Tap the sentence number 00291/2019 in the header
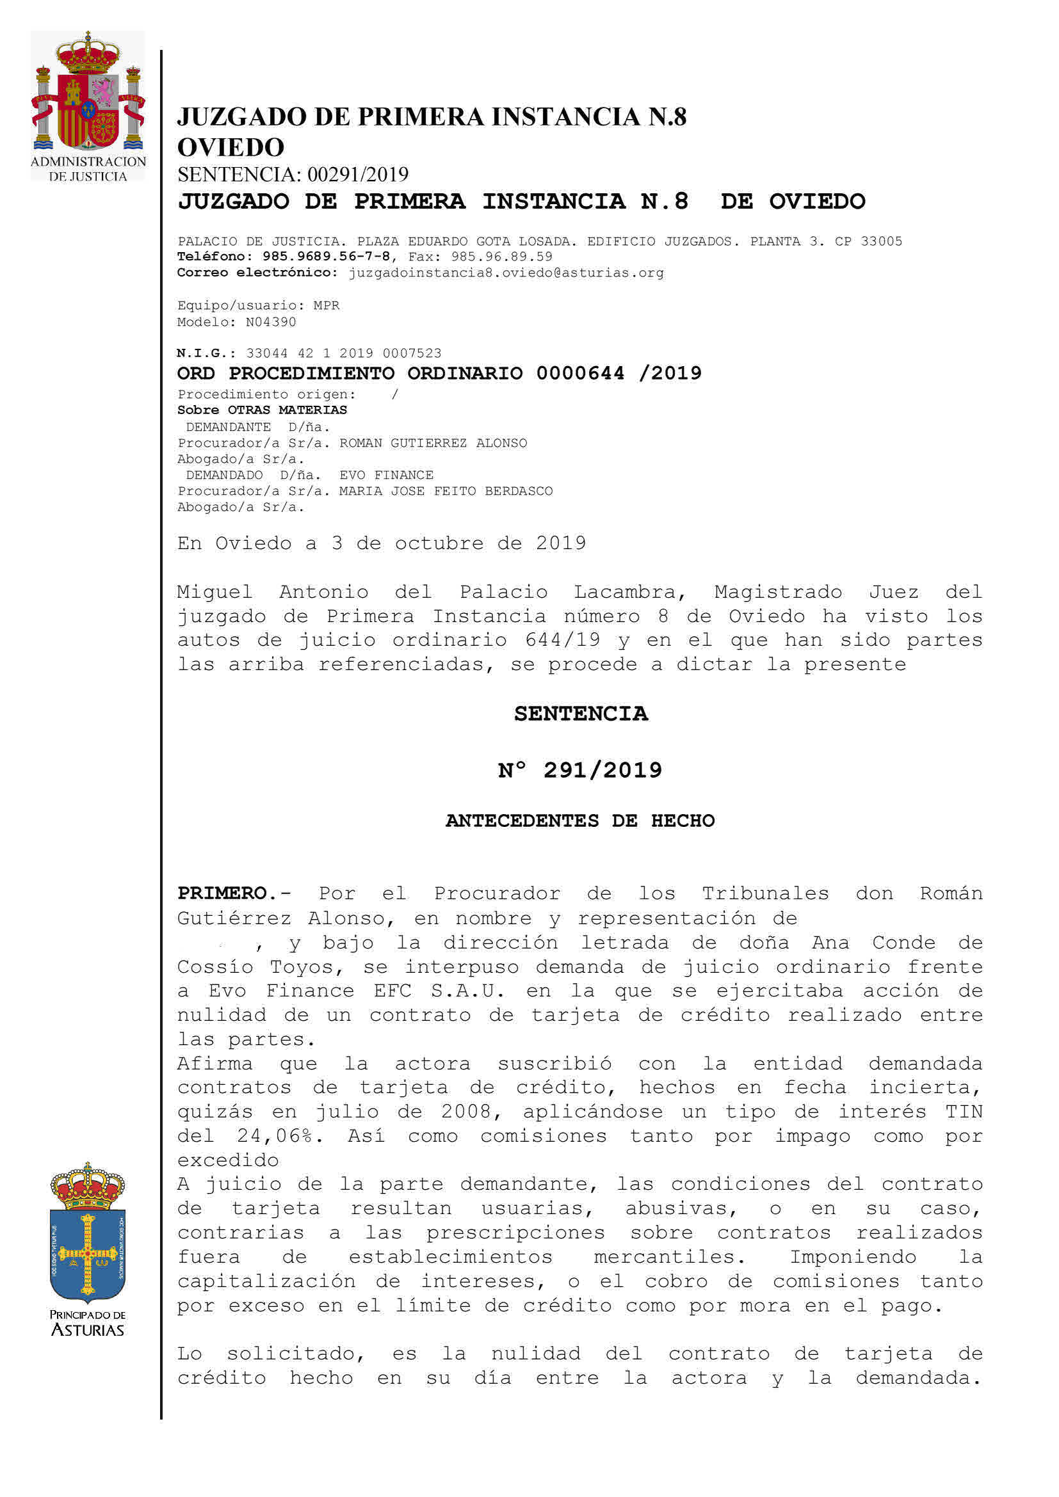tap(357, 175)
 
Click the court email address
tap(506, 273)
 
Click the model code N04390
tap(271, 322)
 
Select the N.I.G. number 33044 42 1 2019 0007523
tap(344, 353)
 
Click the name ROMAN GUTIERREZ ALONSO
tap(433, 444)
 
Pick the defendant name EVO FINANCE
tap(386, 476)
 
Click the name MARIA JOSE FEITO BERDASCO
tap(446, 491)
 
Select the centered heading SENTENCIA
tap(580, 714)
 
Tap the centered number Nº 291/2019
tap(579, 771)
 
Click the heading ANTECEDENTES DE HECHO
tap(579, 821)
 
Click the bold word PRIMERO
tap(222, 893)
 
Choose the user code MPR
tap(327, 306)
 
